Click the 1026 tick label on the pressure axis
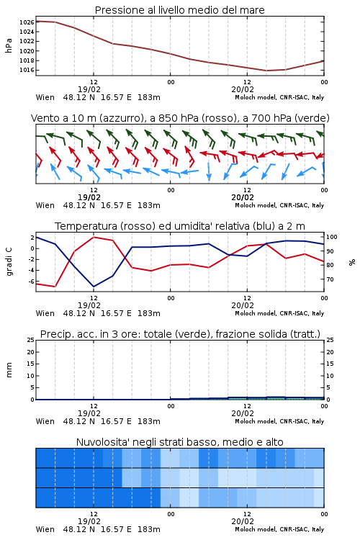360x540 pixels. [27, 22]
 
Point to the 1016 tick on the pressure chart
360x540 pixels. [27, 70]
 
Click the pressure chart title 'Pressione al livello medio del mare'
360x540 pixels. [180, 10]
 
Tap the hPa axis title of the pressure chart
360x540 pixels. [9, 45]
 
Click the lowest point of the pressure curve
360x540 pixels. [266, 71]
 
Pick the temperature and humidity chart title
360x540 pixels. [180, 226]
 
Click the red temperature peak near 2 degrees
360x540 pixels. [94, 237]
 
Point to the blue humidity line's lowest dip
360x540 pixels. [94, 287]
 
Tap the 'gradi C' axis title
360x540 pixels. [9, 261]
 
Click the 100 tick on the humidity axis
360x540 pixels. [332, 237]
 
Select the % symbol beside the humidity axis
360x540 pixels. [352, 262]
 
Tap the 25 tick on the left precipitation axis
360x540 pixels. [31, 340]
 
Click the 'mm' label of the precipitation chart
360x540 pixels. [9, 369]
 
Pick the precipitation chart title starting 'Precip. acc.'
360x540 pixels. [180, 334]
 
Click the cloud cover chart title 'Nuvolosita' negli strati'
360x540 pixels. [180, 442]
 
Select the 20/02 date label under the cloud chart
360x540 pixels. [243, 521]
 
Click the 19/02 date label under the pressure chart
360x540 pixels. [89, 89]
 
